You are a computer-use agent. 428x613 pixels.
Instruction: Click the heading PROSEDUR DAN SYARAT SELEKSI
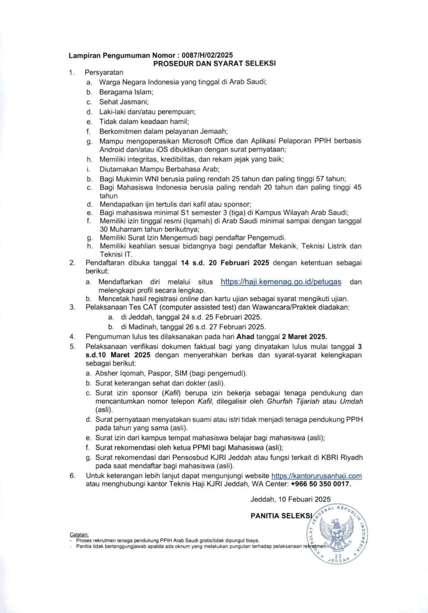click(214, 63)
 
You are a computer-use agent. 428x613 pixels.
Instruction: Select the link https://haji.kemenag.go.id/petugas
click(281, 282)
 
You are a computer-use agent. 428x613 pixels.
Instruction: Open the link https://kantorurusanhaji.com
click(316, 476)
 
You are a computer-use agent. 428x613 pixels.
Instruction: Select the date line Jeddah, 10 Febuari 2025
click(290, 499)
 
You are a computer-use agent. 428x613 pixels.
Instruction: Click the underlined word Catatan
click(79, 534)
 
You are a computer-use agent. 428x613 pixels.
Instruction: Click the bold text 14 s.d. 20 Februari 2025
click(225, 263)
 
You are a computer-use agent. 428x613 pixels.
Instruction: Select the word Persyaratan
click(104, 72)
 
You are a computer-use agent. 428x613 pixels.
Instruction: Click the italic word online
click(189, 299)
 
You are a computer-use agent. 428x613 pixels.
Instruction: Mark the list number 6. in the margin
click(72, 476)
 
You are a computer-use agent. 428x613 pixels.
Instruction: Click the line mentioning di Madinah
click(193, 327)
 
